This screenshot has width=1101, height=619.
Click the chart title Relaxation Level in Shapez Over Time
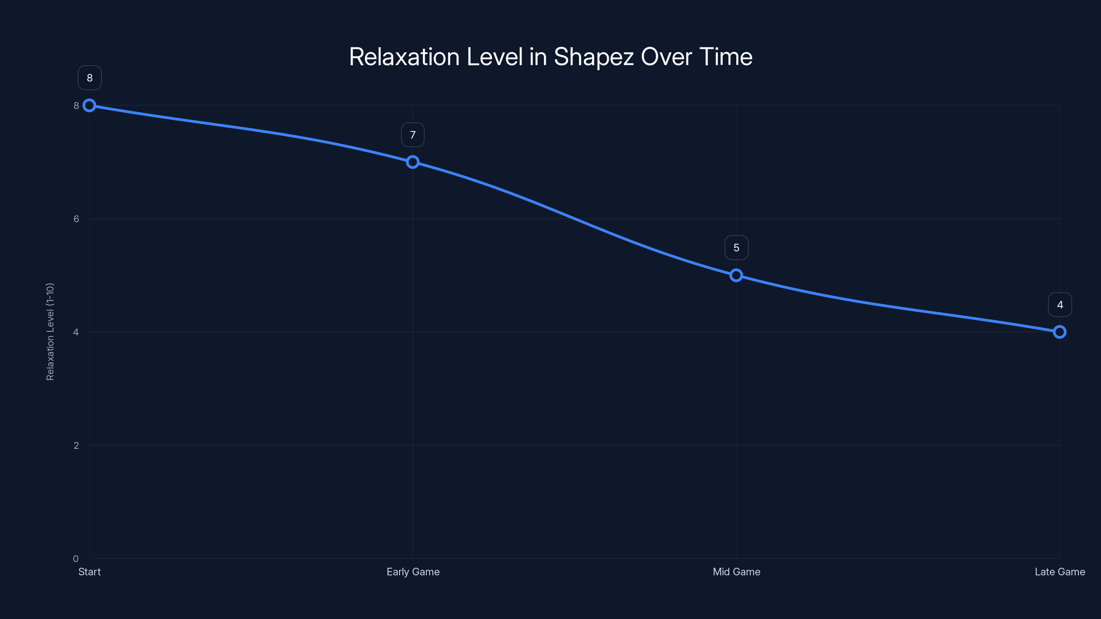click(550, 57)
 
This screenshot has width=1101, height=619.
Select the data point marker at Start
click(89, 106)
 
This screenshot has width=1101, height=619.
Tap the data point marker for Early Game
click(413, 162)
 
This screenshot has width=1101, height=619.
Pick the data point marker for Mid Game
click(736, 275)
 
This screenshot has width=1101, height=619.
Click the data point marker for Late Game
click(1060, 332)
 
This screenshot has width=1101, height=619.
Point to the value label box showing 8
click(90, 78)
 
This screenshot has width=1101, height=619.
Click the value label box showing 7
click(413, 135)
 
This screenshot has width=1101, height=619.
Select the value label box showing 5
click(736, 248)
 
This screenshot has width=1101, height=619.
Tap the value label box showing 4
click(1060, 305)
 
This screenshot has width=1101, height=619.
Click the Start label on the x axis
click(89, 572)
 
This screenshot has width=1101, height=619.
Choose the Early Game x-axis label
click(413, 572)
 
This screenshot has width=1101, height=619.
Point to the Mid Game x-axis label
click(736, 572)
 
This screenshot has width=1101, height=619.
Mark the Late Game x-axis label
click(1060, 572)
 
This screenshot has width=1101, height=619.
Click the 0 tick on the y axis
click(76, 559)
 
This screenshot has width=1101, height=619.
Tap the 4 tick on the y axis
click(76, 332)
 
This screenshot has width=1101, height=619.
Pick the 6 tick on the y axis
click(76, 219)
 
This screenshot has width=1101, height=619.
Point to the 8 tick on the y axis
click(76, 106)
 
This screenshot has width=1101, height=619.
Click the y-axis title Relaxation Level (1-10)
click(50, 332)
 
